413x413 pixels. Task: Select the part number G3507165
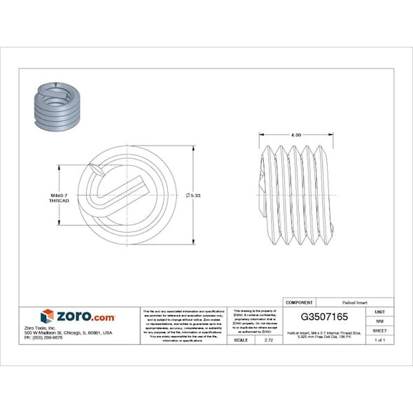coord(324,316)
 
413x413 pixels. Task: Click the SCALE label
coord(240,339)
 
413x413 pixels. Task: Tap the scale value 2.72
coord(268,339)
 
